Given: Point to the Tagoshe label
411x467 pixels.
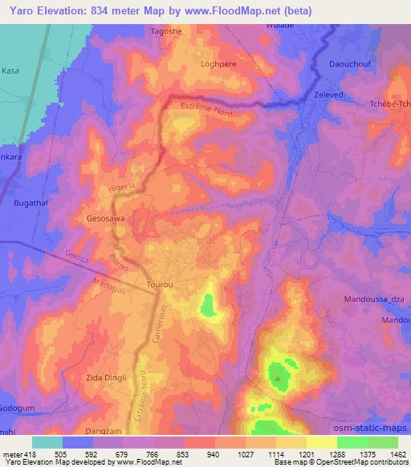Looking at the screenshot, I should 168,32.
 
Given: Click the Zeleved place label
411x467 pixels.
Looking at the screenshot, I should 325,94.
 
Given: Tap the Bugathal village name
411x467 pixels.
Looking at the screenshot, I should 32,204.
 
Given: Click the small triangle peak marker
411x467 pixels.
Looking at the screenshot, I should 278,377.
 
